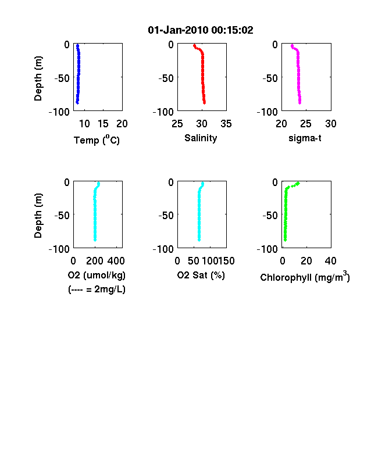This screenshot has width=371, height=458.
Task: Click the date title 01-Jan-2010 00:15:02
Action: coord(201,30)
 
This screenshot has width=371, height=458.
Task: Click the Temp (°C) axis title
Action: coord(97,139)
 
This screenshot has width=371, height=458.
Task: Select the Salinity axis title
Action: coord(201,138)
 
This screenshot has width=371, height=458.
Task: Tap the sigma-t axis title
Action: coord(305,138)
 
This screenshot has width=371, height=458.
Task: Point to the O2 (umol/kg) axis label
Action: coord(97,275)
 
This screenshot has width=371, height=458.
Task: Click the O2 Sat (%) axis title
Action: coord(201,275)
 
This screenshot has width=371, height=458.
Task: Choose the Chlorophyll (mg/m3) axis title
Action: coord(305,276)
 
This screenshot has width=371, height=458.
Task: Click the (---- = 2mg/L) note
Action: coord(97,289)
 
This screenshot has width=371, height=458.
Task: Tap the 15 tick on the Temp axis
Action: coord(103,124)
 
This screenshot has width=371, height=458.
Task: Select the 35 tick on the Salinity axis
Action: coord(226,124)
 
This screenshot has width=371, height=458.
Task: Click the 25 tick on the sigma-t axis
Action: coord(305,124)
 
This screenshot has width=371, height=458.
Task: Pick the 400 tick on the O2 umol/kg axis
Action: coord(116,261)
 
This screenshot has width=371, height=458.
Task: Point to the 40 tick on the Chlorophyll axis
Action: coord(330,261)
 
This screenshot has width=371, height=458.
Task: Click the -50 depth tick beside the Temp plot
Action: coord(62,78)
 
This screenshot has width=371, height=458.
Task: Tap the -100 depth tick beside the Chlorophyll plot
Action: coord(267,249)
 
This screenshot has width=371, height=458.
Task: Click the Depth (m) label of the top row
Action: coord(38,78)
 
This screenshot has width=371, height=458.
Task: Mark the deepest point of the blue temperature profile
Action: coord(77,102)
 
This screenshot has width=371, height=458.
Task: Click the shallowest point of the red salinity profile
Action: coord(195,45)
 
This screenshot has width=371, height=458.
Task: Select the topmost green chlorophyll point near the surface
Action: coord(298,184)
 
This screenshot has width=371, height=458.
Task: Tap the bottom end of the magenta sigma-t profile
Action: coord(299,102)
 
